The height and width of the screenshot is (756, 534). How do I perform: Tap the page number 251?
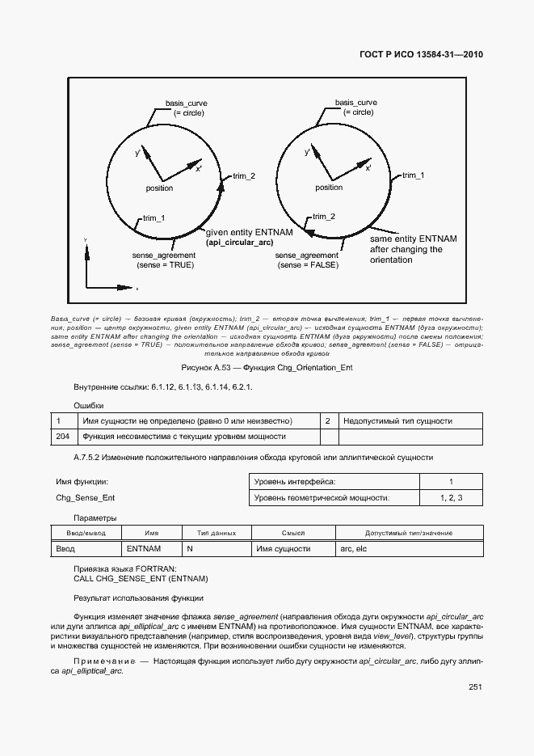[x=475, y=687]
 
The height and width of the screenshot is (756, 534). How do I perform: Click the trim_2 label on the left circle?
[x=244, y=176]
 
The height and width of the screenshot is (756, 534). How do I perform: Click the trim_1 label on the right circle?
[x=413, y=175]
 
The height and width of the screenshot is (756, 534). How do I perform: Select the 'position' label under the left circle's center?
[x=159, y=188]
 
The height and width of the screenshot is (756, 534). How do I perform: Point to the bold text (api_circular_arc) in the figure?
[x=239, y=243]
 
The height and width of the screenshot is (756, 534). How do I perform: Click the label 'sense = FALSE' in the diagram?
[x=307, y=264]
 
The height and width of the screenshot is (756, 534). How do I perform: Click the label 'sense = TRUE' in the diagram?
[x=165, y=264]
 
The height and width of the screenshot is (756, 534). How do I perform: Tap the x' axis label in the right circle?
[x=368, y=168]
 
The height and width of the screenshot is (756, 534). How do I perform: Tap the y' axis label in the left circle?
[x=138, y=152]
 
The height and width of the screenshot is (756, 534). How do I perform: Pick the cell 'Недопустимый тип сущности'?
[x=397, y=421]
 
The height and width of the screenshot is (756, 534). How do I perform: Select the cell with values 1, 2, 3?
[x=451, y=498]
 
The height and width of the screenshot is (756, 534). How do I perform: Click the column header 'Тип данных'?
[x=216, y=533]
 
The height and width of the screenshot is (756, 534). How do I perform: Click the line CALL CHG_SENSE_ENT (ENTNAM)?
[x=141, y=579]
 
